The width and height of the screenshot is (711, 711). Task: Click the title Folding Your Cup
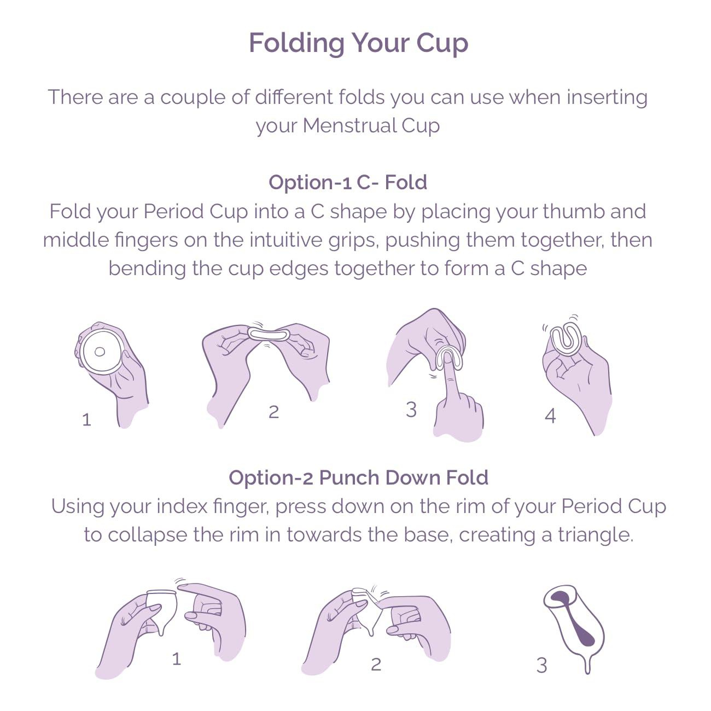(358, 43)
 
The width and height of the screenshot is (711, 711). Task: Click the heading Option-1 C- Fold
(348, 182)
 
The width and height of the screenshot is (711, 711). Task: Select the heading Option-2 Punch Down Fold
(358, 477)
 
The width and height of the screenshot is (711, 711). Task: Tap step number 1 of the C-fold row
(86, 420)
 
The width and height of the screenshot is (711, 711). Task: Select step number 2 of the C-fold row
(273, 412)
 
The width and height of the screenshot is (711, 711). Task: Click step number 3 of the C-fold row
(411, 410)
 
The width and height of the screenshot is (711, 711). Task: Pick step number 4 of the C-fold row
(550, 416)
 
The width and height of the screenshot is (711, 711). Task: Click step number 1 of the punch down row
(176, 659)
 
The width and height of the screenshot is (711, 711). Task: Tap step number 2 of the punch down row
(376, 665)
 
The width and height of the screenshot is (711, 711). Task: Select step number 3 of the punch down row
(541, 666)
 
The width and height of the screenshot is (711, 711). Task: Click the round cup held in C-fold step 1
(100, 351)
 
